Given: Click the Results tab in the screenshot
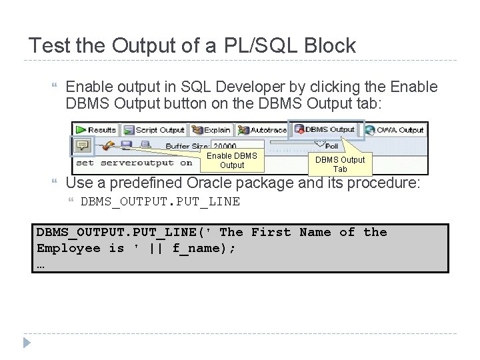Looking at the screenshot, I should pos(97,129).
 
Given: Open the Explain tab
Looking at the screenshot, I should pos(211,129).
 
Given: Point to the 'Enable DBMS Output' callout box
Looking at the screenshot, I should pos(232,160).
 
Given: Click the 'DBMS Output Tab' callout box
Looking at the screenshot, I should pos(340,163).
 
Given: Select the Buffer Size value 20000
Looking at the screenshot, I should pos(225,146).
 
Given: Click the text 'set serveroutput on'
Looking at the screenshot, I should pos(134,163).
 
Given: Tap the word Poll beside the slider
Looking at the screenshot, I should pos(331,146).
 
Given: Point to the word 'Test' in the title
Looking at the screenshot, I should pos(50,46).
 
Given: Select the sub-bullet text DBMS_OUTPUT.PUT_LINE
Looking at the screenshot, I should pos(160,201).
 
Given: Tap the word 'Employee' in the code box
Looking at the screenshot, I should pos(68,248).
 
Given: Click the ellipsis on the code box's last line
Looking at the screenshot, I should pos(41,264).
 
